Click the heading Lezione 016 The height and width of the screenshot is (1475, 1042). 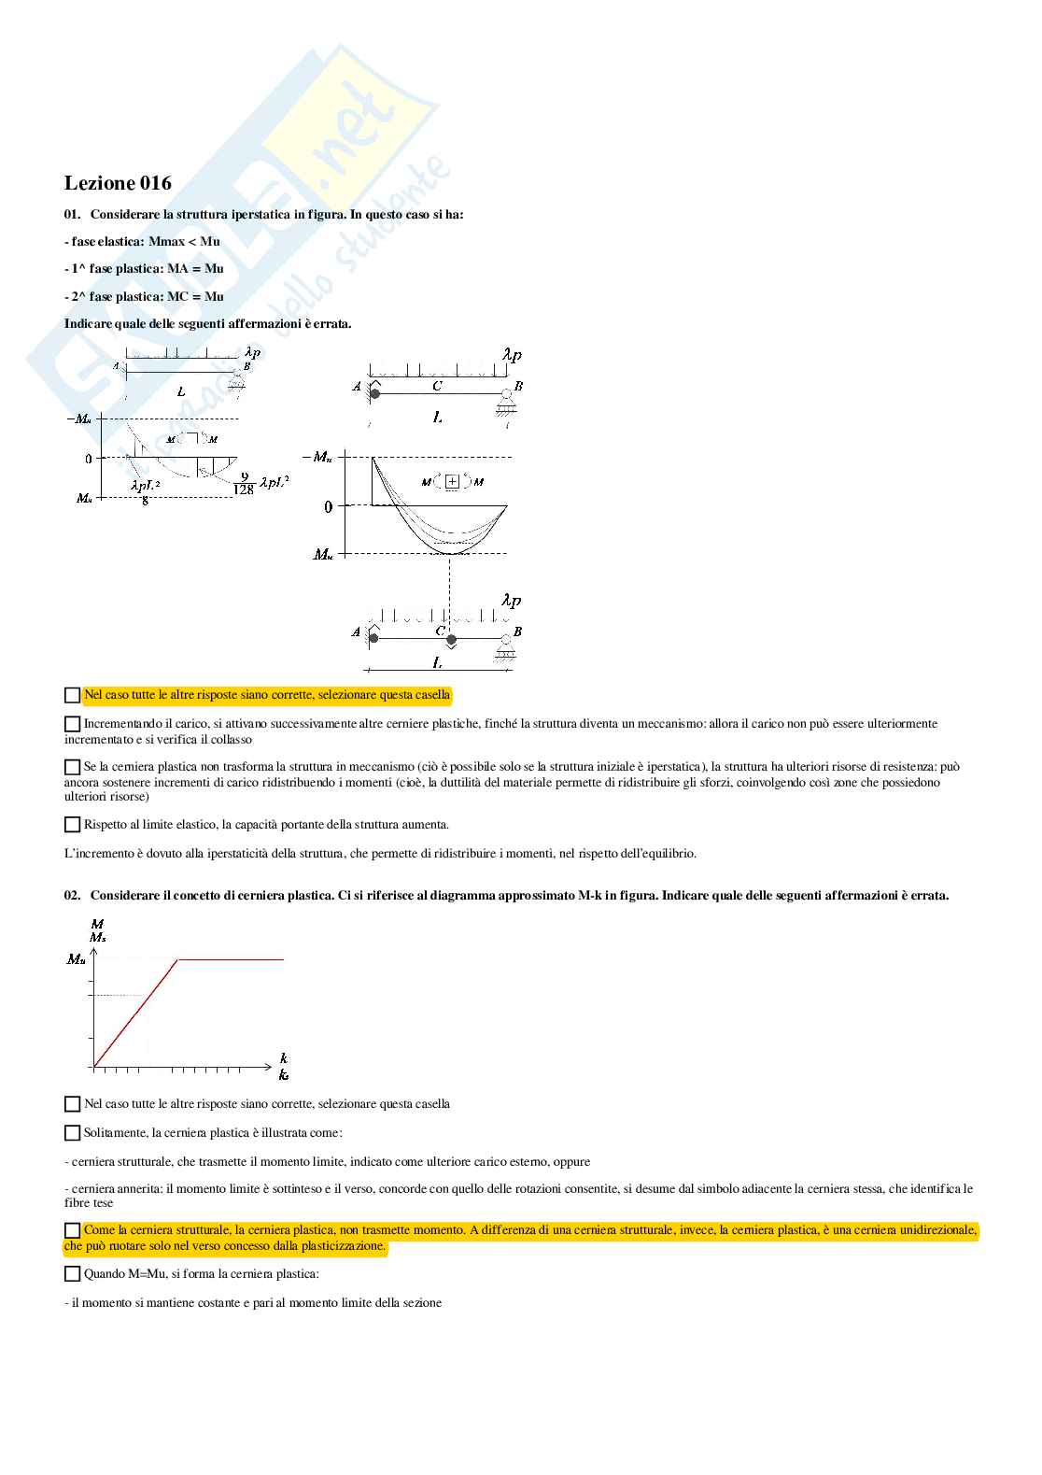pyautogui.click(x=118, y=183)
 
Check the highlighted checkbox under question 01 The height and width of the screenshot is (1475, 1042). pyautogui.click(x=72, y=695)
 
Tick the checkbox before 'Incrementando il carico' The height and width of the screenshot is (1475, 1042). pyautogui.click(x=72, y=724)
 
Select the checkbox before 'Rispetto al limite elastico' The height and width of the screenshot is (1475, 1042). pyautogui.click(x=72, y=825)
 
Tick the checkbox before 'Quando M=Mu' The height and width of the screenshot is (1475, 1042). pyautogui.click(x=72, y=1274)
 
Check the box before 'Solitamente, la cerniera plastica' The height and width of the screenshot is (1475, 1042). pyautogui.click(x=72, y=1133)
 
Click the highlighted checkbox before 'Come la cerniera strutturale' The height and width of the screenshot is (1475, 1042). pyautogui.click(x=72, y=1231)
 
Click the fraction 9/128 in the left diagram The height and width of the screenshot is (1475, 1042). pyautogui.click(x=244, y=483)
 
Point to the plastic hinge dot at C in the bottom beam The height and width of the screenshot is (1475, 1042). pyautogui.click(x=451, y=640)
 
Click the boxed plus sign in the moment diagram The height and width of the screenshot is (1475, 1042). pyautogui.click(x=452, y=482)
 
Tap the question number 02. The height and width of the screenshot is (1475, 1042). pyautogui.click(x=72, y=895)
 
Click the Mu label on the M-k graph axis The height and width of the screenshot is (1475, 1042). pyautogui.click(x=77, y=959)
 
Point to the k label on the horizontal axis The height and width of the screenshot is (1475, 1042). pyautogui.click(x=284, y=1058)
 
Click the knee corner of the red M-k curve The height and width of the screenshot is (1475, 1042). pyautogui.click(x=178, y=959)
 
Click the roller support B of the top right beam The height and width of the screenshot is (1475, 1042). pyautogui.click(x=506, y=399)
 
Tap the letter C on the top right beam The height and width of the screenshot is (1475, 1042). pyautogui.click(x=437, y=386)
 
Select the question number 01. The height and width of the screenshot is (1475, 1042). pyautogui.click(x=72, y=214)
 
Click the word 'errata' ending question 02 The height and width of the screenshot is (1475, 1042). pyautogui.click(x=928, y=895)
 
